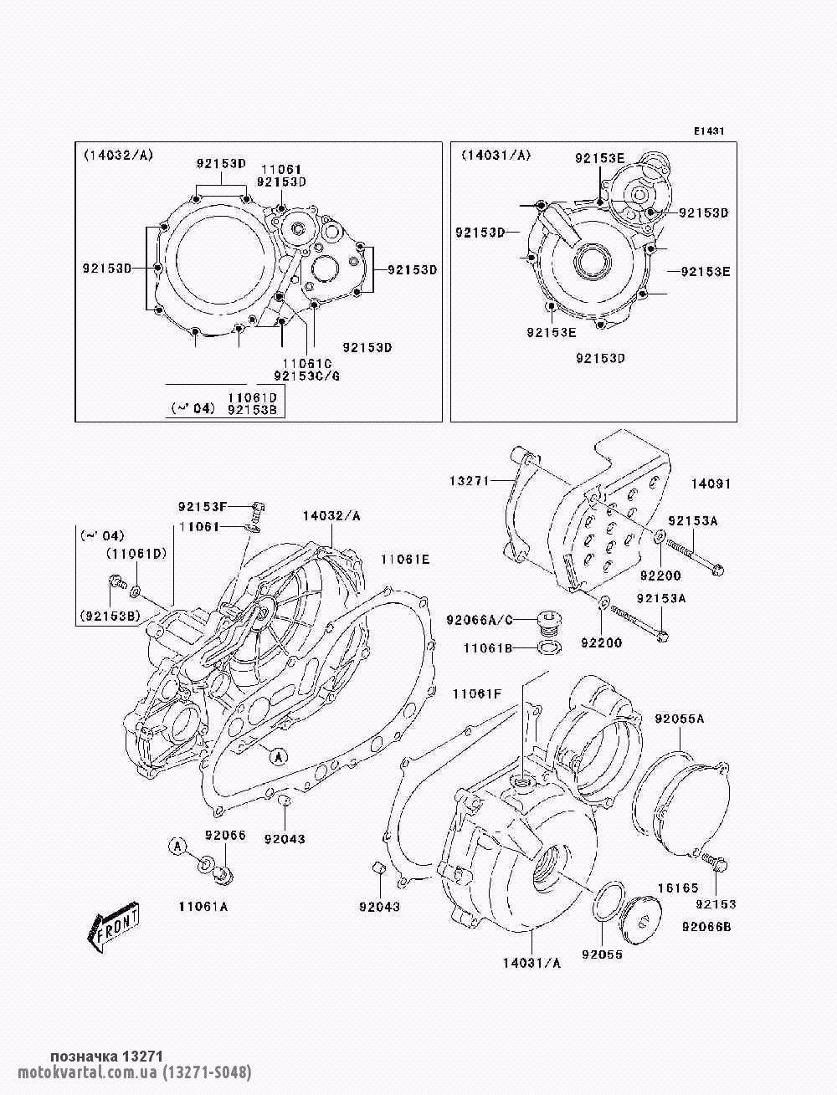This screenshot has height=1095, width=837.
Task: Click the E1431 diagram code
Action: (x=709, y=131)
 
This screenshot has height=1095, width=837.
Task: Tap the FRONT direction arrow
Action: (x=113, y=927)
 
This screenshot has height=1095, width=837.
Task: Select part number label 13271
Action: (x=470, y=481)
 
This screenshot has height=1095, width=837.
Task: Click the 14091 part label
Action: (x=711, y=484)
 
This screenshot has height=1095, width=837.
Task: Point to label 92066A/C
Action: (x=480, y=620)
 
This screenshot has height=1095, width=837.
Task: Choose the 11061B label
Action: (x=488, y=648)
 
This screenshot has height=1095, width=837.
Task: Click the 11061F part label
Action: (x=477, y=694)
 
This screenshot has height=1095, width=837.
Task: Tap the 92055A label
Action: (x=680, y=719)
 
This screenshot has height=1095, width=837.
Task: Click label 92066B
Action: (x=706, y=927)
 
